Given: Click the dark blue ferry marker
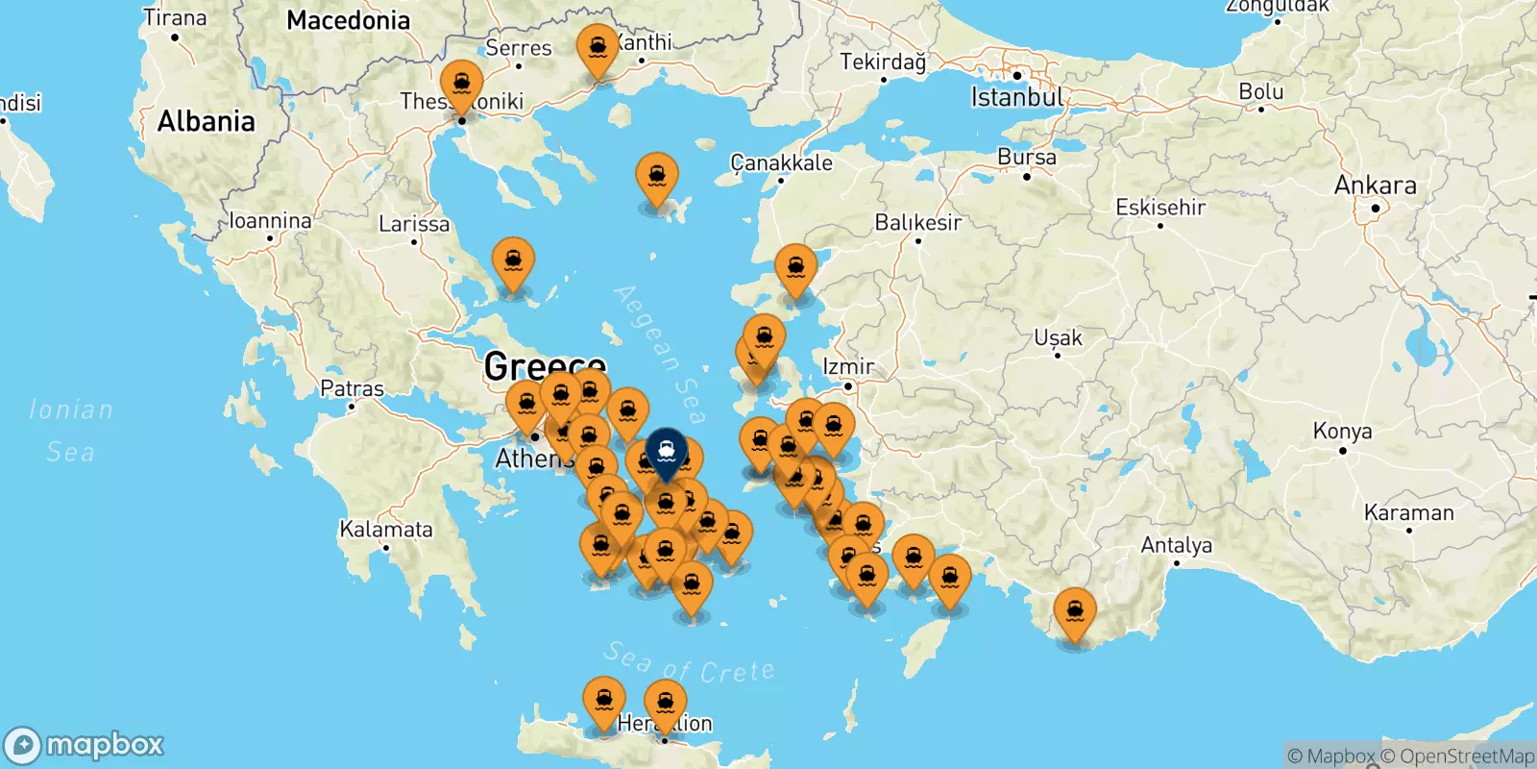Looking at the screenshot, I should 666,450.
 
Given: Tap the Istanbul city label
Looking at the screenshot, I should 1016,97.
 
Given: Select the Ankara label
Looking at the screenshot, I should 1375,185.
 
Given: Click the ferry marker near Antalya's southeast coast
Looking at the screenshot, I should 1074,611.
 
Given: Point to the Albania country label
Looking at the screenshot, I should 206,121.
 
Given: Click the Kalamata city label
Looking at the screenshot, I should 386,529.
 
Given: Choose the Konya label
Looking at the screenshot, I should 1342,431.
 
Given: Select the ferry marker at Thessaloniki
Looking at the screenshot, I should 461,84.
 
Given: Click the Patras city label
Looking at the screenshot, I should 352,388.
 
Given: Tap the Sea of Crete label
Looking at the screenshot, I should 689,663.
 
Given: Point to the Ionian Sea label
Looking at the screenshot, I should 70,430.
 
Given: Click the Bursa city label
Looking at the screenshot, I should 1026,157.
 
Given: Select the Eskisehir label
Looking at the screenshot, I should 1159,207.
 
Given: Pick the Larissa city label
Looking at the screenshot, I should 414,224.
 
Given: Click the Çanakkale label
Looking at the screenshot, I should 781,162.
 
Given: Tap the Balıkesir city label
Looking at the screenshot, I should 917,223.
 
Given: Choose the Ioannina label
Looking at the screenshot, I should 270,221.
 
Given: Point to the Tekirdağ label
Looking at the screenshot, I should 883,62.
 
